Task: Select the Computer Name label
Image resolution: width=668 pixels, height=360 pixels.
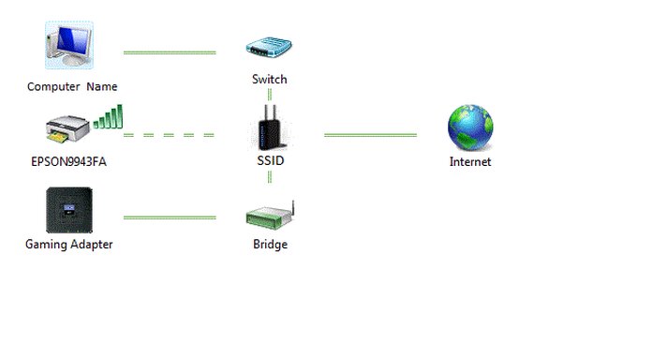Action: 72,87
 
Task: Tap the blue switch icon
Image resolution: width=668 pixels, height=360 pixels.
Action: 269,48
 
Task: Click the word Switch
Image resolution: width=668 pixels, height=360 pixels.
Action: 270,80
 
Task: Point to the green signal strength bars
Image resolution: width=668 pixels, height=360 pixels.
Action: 109,117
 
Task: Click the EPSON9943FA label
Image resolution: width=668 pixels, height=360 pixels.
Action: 69,161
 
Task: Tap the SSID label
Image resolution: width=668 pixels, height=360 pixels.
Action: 270,161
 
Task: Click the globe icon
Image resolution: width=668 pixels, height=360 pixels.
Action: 469,128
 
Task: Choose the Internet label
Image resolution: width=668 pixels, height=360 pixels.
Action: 470,162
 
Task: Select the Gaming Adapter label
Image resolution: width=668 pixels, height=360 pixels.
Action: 69,245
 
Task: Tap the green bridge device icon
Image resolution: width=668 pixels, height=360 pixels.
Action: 270,215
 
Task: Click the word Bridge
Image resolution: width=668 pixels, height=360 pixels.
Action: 270,245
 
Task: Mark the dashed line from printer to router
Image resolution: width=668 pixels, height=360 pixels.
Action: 169,135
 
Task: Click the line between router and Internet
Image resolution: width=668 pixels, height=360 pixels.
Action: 370,135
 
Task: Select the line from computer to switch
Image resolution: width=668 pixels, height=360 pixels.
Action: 169,52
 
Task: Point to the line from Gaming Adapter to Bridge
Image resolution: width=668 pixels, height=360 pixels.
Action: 169,217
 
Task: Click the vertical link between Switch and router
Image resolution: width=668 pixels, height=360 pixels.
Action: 270,97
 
